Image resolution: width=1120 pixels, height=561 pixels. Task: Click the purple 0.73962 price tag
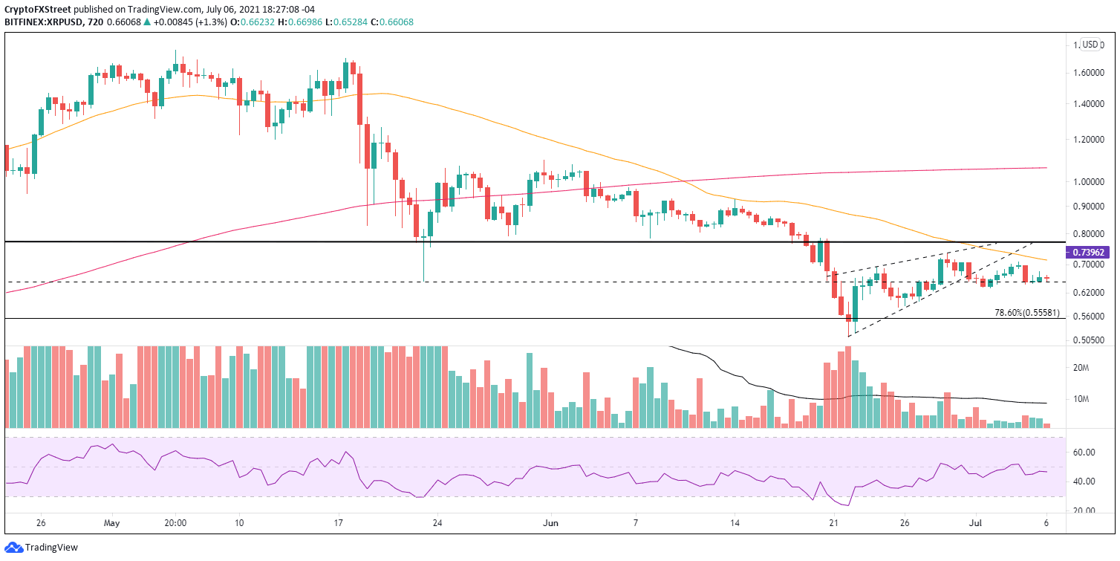[1090, 253]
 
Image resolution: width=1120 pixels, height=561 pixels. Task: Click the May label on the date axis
[111, 522]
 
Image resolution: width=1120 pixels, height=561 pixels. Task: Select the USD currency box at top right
[1090, 44]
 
